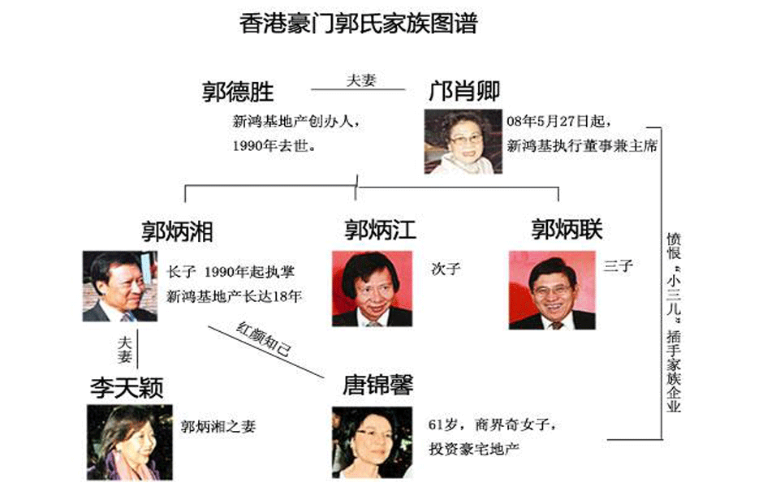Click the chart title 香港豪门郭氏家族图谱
point(358,24)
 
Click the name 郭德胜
point(238,92)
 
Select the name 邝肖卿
point(464,91)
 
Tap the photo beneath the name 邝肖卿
point(463,141)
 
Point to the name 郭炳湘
point(178,231)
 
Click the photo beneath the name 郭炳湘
point(120,286)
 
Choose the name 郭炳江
point(380,230)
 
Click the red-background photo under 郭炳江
point(373,288)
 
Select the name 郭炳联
point(567,229)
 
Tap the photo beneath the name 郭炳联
point(552,290)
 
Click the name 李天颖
point(127,388)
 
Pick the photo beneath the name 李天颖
point(130,442)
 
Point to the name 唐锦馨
point(378,385)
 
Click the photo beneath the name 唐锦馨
point(373,442)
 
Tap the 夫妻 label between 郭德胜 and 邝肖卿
point(361,80)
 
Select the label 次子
point(446,269)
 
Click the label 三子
point(619,266)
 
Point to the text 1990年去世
point(274,145)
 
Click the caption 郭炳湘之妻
point(218,427)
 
